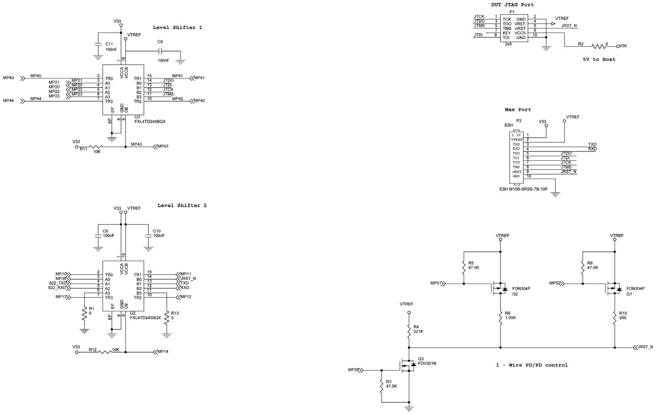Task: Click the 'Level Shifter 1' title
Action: [177, 28]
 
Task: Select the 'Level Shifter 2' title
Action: [182, 205]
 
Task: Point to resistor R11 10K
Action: [96, 146]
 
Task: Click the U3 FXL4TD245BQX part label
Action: [150, 122]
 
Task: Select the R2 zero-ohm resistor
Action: [599, 46]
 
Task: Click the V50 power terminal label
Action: [622, 46]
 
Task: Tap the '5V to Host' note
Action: [599, 60]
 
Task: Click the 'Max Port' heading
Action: [518, 110]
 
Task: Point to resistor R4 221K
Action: [409, 329]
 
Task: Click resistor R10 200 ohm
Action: [615, 318]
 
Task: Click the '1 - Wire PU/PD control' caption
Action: [531, 365]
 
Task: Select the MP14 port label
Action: [163, 352]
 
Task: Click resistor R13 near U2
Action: [167, 318]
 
